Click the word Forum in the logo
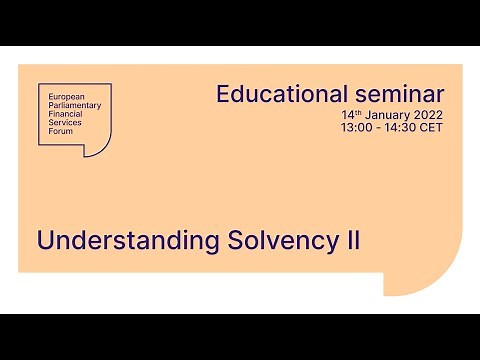click(59, 131)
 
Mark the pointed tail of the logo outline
click(88, 153)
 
